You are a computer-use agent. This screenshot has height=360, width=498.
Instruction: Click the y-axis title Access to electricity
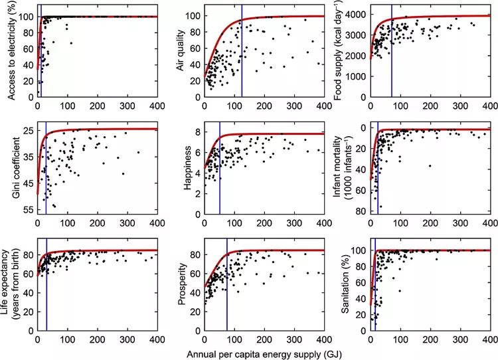12,52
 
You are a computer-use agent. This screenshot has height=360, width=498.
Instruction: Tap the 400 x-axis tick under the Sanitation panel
490,339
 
